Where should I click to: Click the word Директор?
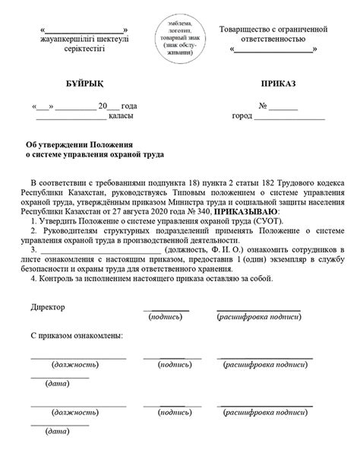pos(48,307)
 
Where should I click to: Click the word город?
pos(242,116)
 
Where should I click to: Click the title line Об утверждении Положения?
pos(74,144)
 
